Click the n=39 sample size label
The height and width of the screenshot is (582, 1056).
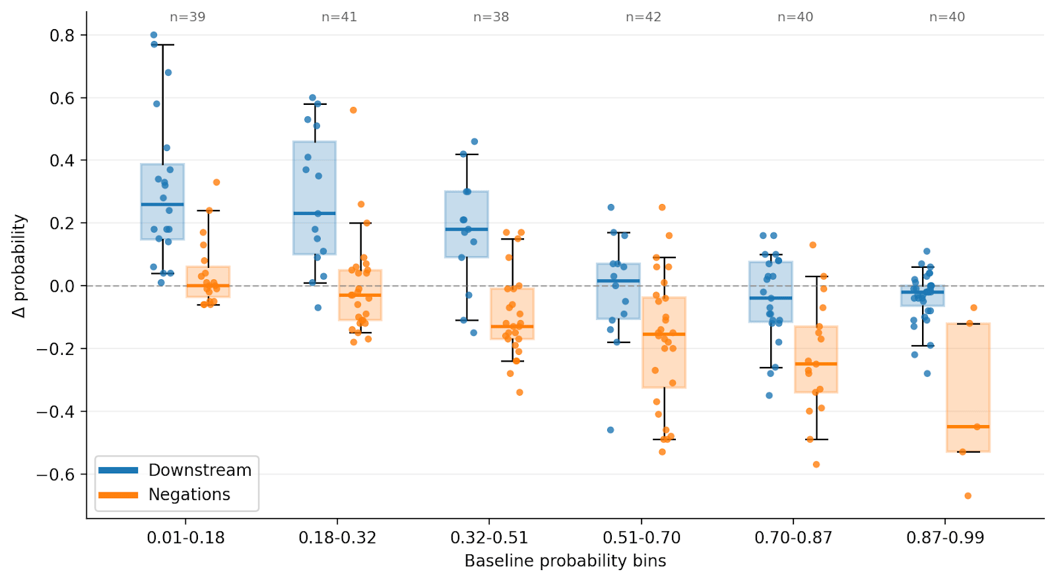pos(187,17)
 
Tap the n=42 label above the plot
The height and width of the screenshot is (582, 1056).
pos(643,17)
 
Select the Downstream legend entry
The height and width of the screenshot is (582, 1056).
pos(199,470)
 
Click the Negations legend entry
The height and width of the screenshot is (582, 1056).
pos(189,494)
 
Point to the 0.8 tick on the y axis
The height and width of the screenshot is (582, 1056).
pos(62,35)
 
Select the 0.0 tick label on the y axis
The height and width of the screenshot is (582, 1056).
pos(62,286)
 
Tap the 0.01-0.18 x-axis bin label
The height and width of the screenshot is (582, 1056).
pos(185,538)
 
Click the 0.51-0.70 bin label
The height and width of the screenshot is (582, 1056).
pos(641,538)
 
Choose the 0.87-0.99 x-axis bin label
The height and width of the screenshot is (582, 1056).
pos(944,538)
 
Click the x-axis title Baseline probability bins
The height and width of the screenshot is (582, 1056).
pos(565,561)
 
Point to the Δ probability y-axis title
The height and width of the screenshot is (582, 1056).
pos(20,265)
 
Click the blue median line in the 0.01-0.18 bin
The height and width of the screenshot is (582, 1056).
pos(162,205)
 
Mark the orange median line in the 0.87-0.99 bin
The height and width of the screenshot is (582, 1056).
pos(968,427)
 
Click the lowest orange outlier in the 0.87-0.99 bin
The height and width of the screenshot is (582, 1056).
pos(968,496)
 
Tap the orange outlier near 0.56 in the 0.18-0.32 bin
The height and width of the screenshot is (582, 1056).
pos(353,110)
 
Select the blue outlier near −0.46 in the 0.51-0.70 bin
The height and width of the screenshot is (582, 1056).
pos(610,430)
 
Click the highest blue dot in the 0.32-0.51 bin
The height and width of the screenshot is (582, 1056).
pos(474,142)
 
